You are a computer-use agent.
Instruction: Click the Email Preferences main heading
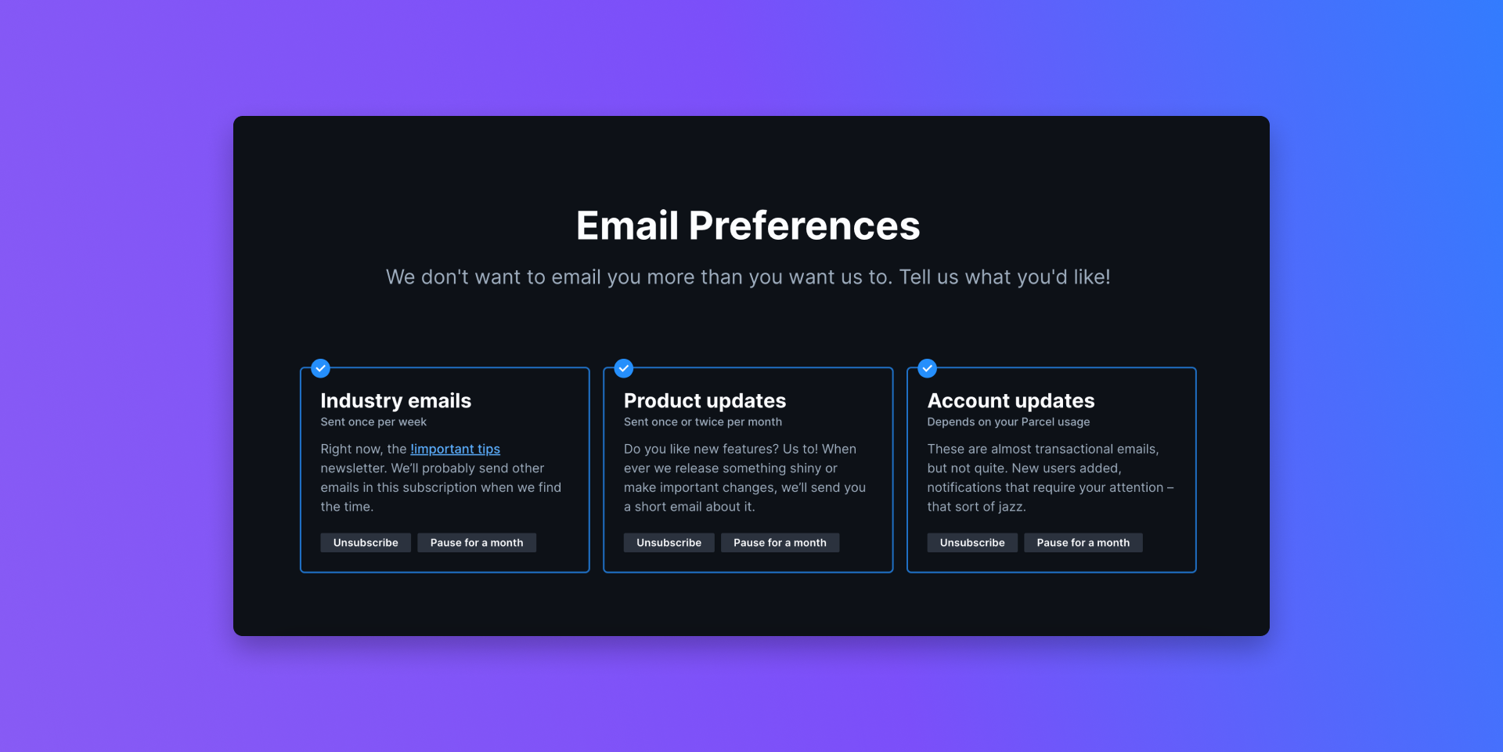[748, 226]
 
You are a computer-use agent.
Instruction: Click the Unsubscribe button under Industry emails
[366, 543]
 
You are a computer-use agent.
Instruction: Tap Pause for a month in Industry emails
[477, 543]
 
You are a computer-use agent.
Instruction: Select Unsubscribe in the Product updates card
[669, 543]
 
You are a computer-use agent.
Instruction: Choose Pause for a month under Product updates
[780, 543]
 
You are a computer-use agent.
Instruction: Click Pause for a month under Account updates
[1083, 543]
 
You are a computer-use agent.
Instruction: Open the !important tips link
[455, 449]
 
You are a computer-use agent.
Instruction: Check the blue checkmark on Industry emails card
[320, 368]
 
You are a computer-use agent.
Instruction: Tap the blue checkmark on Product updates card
[624, 368]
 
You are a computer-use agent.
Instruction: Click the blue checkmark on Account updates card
[927, 368]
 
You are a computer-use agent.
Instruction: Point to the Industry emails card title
[396, 401]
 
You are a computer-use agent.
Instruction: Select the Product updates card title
[705, 401]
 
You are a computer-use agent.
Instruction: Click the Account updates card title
[1011, 401]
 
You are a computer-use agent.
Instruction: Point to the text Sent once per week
[373, 422]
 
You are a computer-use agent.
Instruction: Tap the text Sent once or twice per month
[703, 422]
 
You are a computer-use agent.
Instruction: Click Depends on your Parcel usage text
[1008, 422]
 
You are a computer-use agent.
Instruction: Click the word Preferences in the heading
[804, 226]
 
